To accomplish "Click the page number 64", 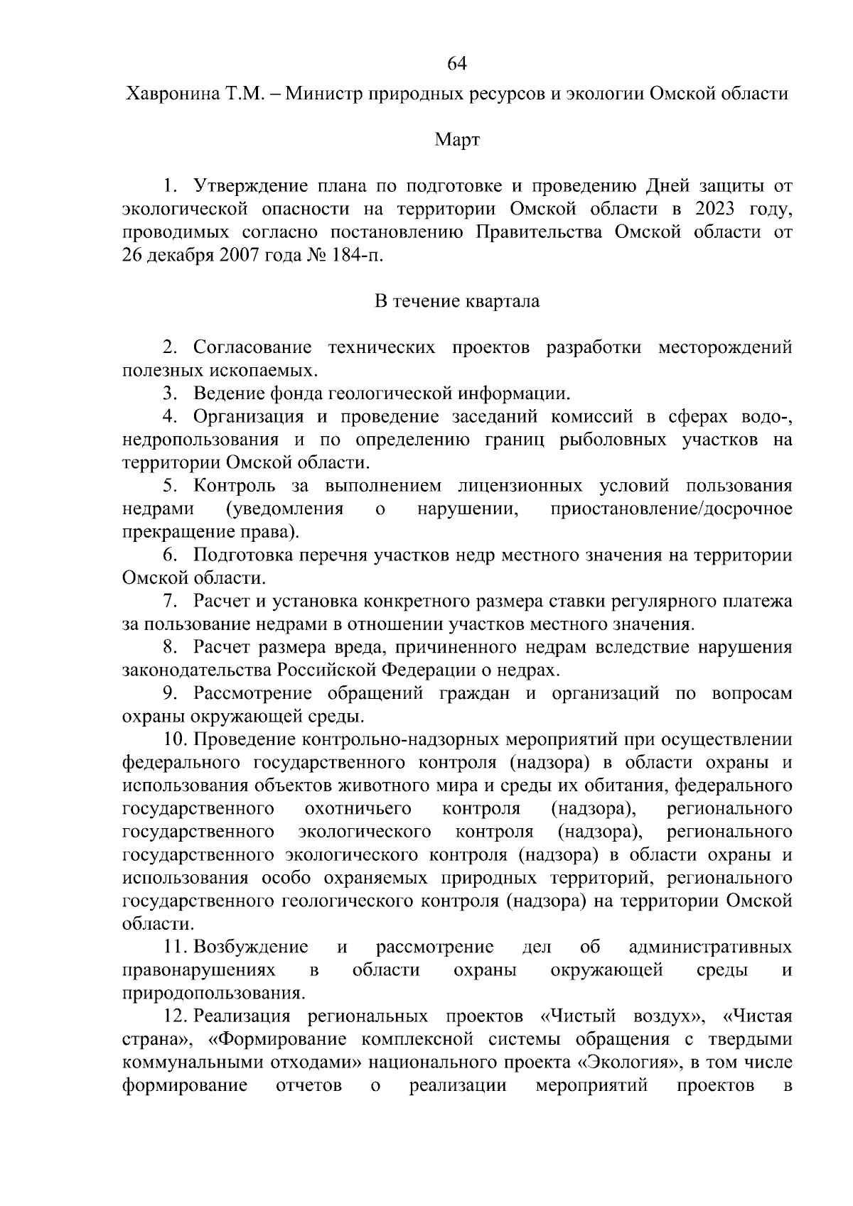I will click(x=456, y=64).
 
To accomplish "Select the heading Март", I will click(x=457, y=141).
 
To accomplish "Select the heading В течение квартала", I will click(x=457, y=301).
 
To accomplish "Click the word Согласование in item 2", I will click(x=252, y=348).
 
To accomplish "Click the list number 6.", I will click(x=169, y=555).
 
